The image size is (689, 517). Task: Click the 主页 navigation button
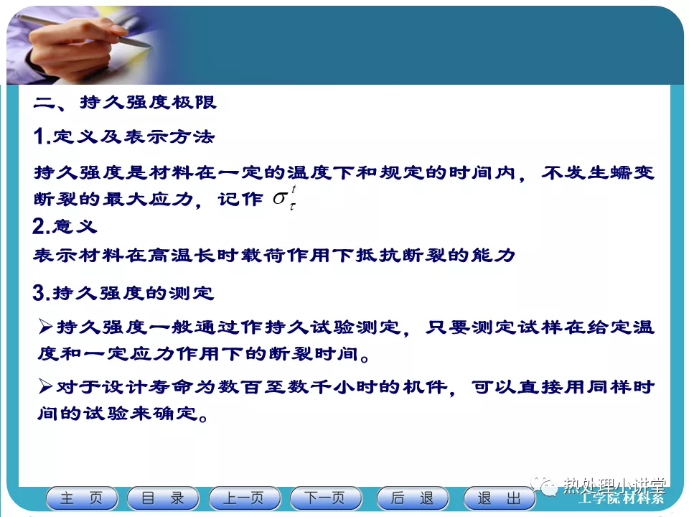point(82,498)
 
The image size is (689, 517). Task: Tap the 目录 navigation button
point(163,498)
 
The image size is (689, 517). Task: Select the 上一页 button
point(244,498)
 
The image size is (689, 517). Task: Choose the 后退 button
point(413,498)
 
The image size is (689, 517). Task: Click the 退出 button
point(500,498)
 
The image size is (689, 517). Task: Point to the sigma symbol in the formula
point(280,198)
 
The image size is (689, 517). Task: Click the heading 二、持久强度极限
point(125,103)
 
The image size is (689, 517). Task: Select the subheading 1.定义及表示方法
point(124,136)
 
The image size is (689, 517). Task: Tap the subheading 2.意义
point(65,226)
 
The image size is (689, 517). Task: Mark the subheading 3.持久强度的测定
point(123,293)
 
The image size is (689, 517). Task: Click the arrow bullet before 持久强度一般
point(45,327)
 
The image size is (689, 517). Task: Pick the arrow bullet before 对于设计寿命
point(45,386)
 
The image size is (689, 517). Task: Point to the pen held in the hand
point(88,30)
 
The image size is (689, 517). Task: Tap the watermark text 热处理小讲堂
point(614,485)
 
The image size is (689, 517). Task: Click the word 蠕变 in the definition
point(632,172)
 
